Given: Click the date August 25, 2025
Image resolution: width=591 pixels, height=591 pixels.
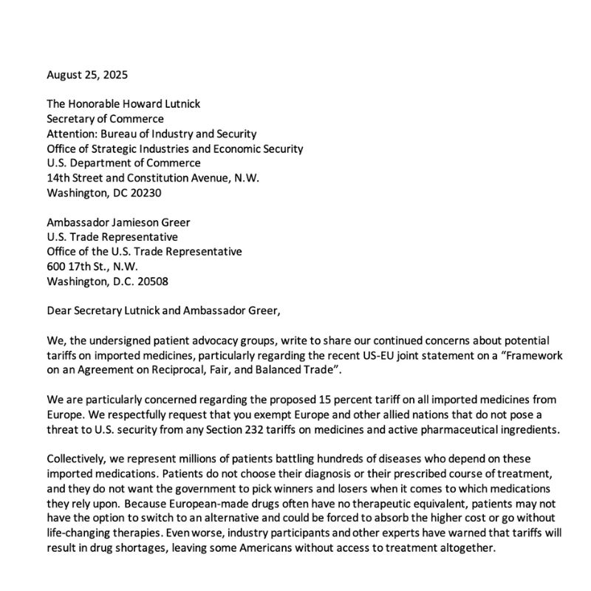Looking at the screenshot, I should pos(88,74).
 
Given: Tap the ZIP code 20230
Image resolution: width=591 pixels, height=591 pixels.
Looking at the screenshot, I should pos(143,193).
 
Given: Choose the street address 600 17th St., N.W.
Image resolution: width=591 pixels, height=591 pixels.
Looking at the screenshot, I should pos(92,267).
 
